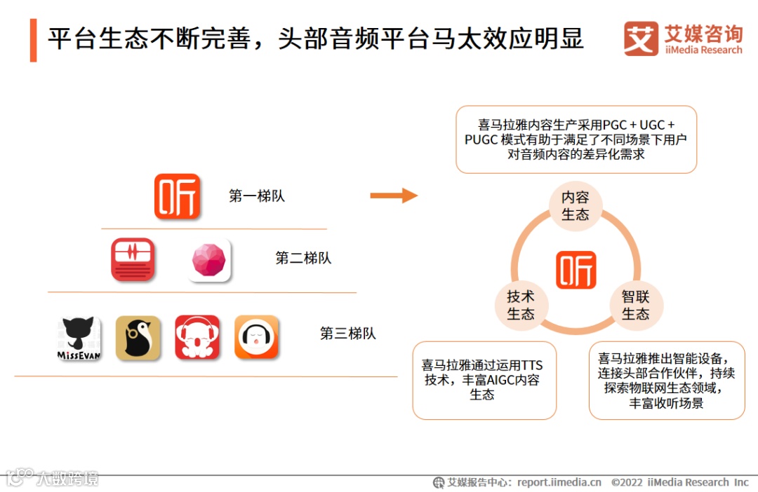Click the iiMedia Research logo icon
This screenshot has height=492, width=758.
click(641, 38)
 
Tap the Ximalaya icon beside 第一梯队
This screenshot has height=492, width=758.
click(177, 196)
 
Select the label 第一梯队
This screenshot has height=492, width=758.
click(257, 196)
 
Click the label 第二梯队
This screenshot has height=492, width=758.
click(303, 258)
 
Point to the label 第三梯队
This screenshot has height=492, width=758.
click(348, 334)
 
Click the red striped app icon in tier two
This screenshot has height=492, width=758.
click(133, 259)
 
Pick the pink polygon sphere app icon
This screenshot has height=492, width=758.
click(209, 260)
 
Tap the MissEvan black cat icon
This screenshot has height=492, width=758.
click(79, 339)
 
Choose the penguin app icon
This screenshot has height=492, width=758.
click(138, 338)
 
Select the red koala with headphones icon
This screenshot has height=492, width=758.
click(197, 338)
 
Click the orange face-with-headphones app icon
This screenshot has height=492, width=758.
click(256, 338)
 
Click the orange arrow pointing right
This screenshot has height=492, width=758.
click(394, 196)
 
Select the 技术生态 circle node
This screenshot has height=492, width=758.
click(521, 306)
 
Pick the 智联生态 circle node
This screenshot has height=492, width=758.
click(635, 306)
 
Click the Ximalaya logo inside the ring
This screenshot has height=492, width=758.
click(576, 270)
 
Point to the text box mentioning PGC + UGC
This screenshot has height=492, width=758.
click(576, 139)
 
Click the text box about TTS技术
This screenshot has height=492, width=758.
click(484, 380)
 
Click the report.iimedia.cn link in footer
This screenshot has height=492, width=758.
click(559, 482)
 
